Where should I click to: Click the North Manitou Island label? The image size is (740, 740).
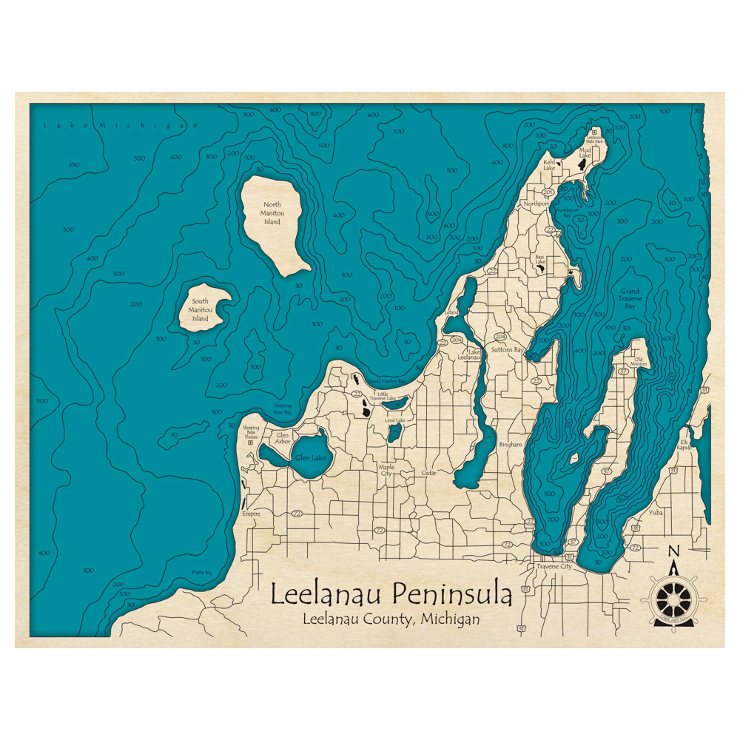pos(272,213)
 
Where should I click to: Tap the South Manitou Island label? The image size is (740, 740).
pos(201,310)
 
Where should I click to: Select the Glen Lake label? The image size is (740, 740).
pos(310,458)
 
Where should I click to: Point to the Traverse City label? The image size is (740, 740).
pos(554,566)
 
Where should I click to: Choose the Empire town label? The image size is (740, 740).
pos(252,513)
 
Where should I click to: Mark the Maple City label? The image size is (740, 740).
pos(386,470)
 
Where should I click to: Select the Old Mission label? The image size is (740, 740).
pos(638,360)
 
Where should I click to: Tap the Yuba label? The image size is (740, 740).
pos(655,511)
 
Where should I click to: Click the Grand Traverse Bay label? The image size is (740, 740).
pos(630,298)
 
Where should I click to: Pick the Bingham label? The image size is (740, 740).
pos(511,445)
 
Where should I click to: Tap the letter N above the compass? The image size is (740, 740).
pos(673,551)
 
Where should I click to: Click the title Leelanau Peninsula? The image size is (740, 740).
pos(391,594)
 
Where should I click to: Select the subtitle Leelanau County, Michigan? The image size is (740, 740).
pos(391,619)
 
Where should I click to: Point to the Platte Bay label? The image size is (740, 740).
pos(202,573)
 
